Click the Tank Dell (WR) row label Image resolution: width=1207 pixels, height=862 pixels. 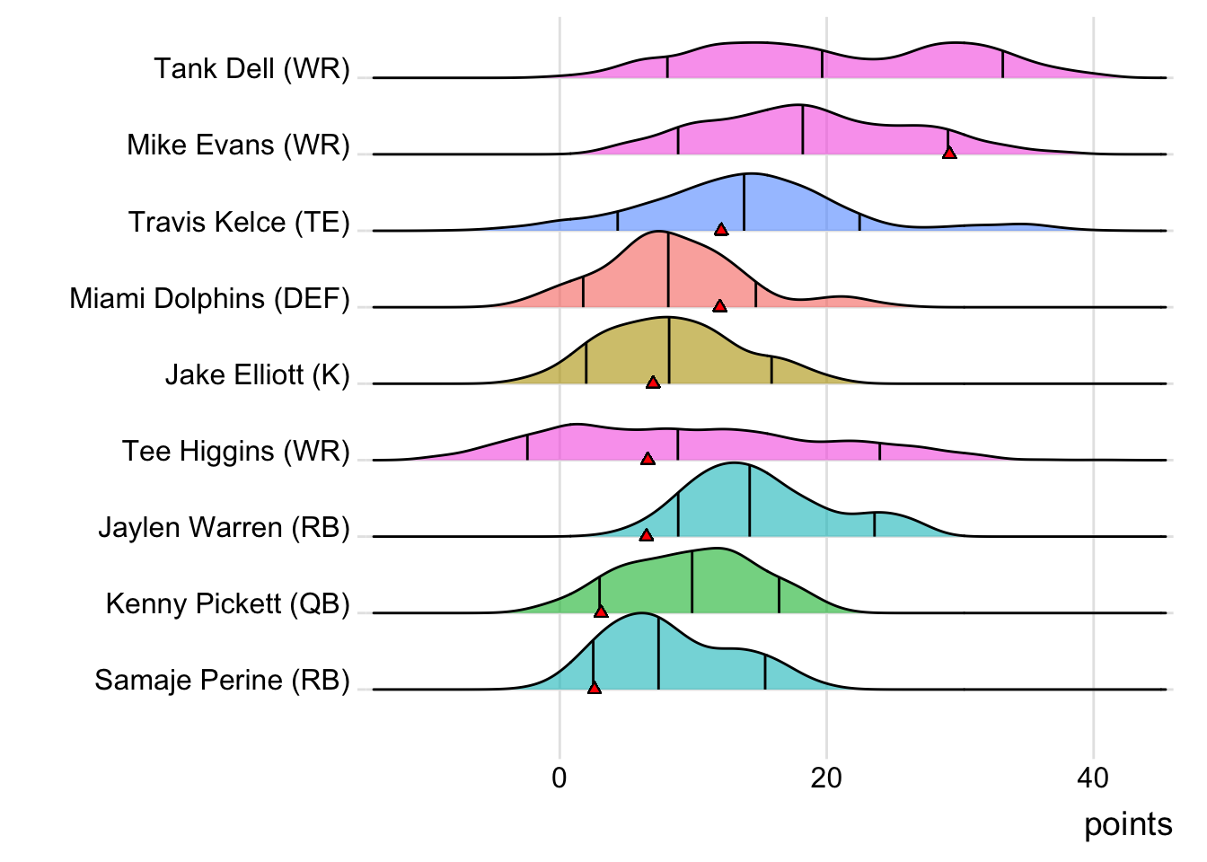pyautogui.click(x=251, y=68)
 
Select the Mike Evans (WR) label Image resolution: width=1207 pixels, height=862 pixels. pyautogui.click(x=238, y=145)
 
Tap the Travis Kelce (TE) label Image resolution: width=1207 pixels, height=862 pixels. pyautogui.click(x=239, y=222)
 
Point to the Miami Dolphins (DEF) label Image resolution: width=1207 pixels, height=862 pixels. pyautogui.click(x=209, y=298)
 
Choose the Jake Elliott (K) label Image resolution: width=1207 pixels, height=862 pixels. pyautogui.click(x=257, y=374)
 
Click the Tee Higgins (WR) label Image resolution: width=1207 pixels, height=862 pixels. pyautogui.click(x=235, y=451)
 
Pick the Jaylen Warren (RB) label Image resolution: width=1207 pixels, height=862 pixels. pyautogui.click(x=224, y=527)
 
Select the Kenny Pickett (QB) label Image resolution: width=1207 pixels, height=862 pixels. pyautogui.click(x=227, y=603)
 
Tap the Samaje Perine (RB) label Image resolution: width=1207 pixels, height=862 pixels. pyautogui.click(x=222, y=680)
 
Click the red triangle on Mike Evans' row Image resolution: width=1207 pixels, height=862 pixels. pyautogui.click(x=949, y=154)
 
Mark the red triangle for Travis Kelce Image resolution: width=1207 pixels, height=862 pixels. pyautogui.click(x=721, y=230)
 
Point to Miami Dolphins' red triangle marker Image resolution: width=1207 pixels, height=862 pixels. pyautogui.click(x=719, y=306)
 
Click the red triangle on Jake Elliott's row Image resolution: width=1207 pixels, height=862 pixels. pyautogui.click(x=653, y=383)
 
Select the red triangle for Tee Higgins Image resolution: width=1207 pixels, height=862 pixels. pyautogui.click(x=648, y=459)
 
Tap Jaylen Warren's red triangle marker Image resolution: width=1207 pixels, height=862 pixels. pyautogui.click(x=646, y=535)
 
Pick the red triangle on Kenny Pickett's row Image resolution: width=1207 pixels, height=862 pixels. pyautogui.click(x=601, y=611)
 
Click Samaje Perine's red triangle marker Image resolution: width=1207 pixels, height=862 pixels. pyautogui.click(x=594, y=688)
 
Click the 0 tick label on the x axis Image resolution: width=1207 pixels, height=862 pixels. pyautogui.click(x=559, y=778)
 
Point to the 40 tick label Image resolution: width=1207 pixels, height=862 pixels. pyautogui.click(x=1093, y=778)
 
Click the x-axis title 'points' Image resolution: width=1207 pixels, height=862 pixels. pyautogui.click(x=1128, y=824)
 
